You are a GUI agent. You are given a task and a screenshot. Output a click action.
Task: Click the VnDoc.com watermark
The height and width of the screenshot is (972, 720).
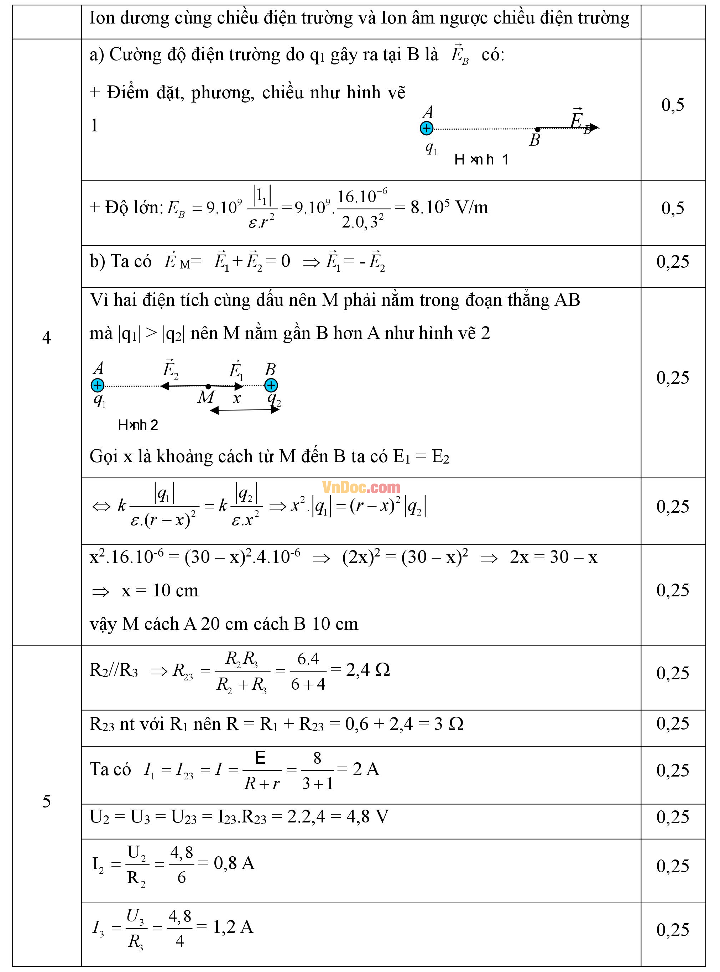point(361,487)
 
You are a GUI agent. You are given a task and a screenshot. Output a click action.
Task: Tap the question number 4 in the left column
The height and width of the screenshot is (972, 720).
point(47,338)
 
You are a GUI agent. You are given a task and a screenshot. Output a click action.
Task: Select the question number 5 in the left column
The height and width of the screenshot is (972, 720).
point(47,801)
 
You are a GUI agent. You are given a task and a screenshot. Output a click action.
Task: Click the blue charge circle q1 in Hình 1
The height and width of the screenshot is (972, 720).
point(426,128)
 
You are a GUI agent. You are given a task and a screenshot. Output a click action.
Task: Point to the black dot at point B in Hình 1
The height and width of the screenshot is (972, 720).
point(538,129)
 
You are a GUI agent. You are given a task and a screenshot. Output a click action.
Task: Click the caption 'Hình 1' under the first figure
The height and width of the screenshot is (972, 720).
point(481,160)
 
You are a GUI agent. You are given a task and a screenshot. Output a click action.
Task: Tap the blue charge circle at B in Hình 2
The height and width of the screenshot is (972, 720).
point(271,385)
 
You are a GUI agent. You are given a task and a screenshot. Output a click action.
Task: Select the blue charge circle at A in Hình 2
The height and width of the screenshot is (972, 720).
point(97,385)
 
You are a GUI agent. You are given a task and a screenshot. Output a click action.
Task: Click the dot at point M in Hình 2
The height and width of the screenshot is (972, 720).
point(208,386)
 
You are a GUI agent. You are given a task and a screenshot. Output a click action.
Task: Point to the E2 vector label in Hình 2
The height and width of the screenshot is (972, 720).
point(170,370)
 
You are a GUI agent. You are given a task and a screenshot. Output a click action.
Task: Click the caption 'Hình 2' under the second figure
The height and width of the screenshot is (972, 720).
point(138,425)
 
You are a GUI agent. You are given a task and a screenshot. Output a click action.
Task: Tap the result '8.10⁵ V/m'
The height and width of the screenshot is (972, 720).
point(449,207)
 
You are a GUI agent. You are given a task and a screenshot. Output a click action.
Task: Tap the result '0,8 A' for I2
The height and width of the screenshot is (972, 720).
point(234,863)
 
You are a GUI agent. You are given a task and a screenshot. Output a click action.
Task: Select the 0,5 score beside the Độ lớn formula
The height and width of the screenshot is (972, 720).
point(673,208)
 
